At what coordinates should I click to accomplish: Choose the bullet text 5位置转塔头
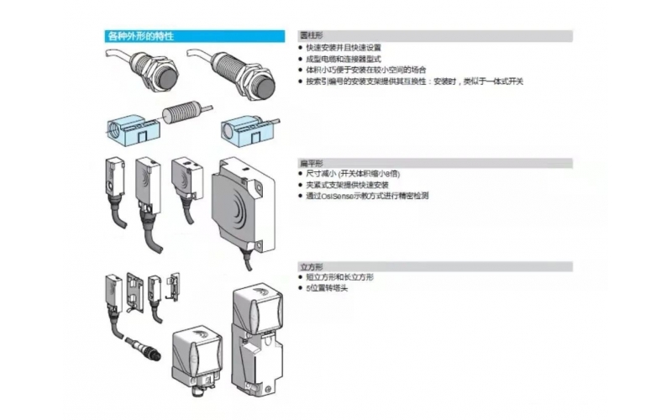tap(327, 288)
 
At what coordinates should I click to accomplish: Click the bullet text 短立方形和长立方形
tap(341, 277)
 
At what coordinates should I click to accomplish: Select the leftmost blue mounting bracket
tap(130, 129)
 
